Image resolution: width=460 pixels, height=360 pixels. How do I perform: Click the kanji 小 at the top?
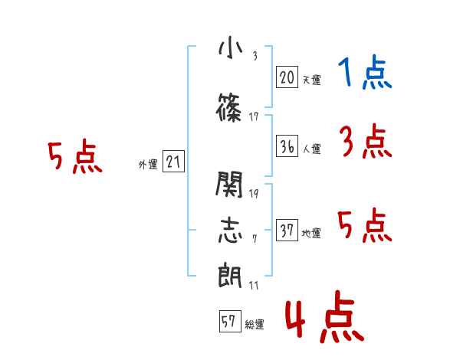[231, 49]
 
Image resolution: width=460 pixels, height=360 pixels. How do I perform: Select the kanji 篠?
[228, 107]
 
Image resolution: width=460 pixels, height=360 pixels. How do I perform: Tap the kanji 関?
[229, 184]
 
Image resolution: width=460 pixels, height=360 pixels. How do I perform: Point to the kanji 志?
[230, 230]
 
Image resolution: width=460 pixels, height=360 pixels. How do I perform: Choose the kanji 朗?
[230, 275]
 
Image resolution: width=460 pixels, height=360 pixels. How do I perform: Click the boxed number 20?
[287, 77]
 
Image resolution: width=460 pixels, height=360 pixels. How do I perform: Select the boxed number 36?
[287, 146]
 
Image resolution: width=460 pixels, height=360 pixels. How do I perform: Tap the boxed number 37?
[287, 230]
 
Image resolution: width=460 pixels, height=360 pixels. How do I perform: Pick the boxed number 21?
[173, 162]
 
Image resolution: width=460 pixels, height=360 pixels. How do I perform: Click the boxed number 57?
[230, 321]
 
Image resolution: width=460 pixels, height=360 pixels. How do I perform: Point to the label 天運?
[312, 80]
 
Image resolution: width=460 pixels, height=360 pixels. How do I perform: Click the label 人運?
[312, 149]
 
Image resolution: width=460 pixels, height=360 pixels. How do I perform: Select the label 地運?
[311, 233]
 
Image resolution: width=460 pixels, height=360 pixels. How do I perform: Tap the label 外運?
[148, 165]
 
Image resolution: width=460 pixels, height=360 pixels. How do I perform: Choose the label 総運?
[255, 324]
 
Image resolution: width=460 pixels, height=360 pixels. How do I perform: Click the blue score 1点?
[365, 72]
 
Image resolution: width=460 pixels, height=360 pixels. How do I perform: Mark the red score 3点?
[366, 141]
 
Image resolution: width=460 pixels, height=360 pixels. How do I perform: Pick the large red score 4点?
[325, 316]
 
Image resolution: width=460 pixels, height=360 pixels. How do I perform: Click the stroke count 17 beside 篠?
[254, 117]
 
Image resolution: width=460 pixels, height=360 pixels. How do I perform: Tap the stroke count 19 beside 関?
[254, 194]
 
